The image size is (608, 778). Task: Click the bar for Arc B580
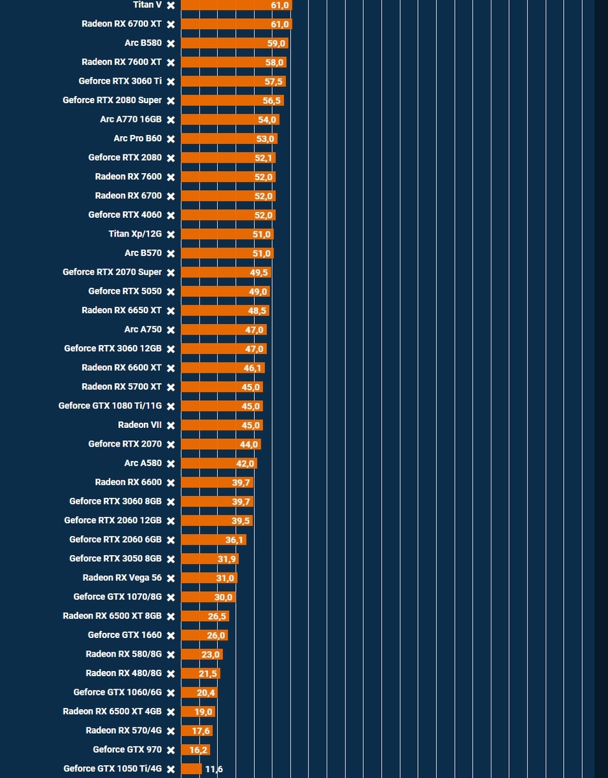click(x=233, y=43)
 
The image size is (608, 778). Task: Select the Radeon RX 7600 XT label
click(x=121, y=62)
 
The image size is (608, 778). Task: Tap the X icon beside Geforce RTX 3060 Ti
click(x=170, y=82)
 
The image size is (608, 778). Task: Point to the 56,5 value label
click(x=272, y=100)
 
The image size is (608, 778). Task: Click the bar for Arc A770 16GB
click(x=229, y=120)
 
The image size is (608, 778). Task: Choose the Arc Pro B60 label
click(x=137, y=139)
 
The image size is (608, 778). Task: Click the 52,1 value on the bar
click(x=263, y=158)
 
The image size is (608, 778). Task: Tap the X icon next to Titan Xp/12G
click(x=170, y=235)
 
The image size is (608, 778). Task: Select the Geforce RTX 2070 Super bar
click(x=226, y=272)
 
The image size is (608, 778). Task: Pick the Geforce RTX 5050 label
click(x=124, y=291)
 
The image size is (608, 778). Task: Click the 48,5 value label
click(x=257, y=311)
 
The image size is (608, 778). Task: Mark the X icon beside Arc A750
click(x=170, y=330)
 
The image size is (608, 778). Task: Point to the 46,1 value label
click(x=253, y=368)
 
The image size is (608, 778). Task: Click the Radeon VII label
click(x=139, y=425)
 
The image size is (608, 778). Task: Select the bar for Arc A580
click(x=218, y=464)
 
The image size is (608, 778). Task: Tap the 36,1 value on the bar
click(x=234, y=540)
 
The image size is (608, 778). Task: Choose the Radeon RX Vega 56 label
click(x=122, y=578)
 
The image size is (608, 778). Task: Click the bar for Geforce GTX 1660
click(x=204, y=635)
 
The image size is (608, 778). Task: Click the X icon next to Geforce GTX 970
click(x=170, y=750)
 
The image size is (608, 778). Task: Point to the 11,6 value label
click(x=214, y=770)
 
